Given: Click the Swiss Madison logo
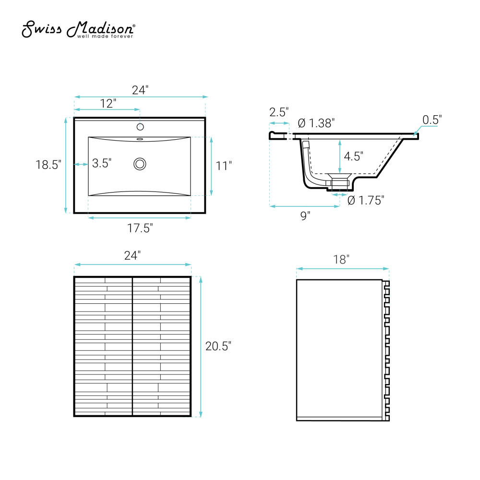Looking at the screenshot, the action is pos(78,29).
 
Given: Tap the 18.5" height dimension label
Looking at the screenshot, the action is pos(48,165).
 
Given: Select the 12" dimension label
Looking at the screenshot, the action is pos(108,104).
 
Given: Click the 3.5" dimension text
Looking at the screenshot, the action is pos(102,163).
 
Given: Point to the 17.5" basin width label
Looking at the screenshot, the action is pos(140,228).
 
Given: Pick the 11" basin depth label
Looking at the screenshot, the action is pos(224,166).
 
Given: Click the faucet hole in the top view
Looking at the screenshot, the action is pos(140,126).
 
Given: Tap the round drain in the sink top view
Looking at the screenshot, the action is pos(140,164).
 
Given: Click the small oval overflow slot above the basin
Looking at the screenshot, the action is pos(140,139).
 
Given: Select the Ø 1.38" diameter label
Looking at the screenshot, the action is pos(316,123).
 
